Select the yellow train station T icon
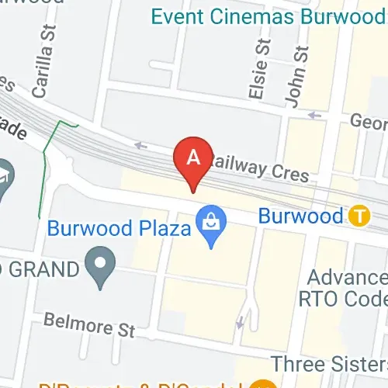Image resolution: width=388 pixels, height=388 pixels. pos(358,215)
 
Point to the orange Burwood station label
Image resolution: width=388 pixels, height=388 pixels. pos(300,216)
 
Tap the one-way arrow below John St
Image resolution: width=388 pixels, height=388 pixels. pos(314,116)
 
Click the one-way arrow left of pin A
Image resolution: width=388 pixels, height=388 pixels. pos(140,144)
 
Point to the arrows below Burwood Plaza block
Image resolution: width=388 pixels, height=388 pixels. pos(245,314)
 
